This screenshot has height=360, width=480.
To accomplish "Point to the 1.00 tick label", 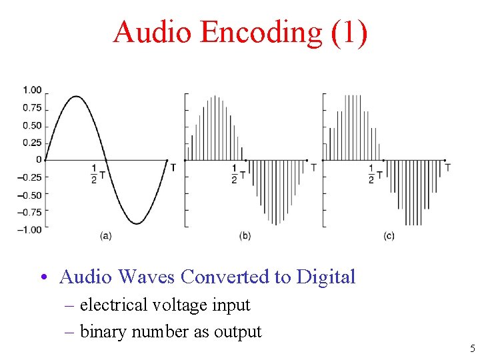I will click(32, 90).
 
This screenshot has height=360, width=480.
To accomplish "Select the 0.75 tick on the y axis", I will click(32, 108).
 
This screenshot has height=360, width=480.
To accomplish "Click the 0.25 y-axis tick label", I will click(32, 143).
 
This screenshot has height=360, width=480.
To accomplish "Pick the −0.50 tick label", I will click(31, 195).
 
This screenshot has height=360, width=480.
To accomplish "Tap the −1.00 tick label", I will click(31, 229).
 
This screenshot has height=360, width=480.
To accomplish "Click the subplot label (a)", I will click(105, 235).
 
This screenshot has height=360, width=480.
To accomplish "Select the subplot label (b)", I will click(245, 235).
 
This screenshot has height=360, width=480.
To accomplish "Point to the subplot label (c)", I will click(389, 235).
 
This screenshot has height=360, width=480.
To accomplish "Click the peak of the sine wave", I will click(76, 96).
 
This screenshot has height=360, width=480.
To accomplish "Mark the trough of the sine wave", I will click(137, 223).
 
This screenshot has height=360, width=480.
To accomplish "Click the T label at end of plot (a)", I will click(173, 167).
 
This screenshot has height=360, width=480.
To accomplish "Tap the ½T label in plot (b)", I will click(238, 174).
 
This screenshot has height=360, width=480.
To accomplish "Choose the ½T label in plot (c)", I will click(375, 174).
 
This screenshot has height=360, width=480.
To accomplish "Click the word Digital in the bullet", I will click(326, 277).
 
